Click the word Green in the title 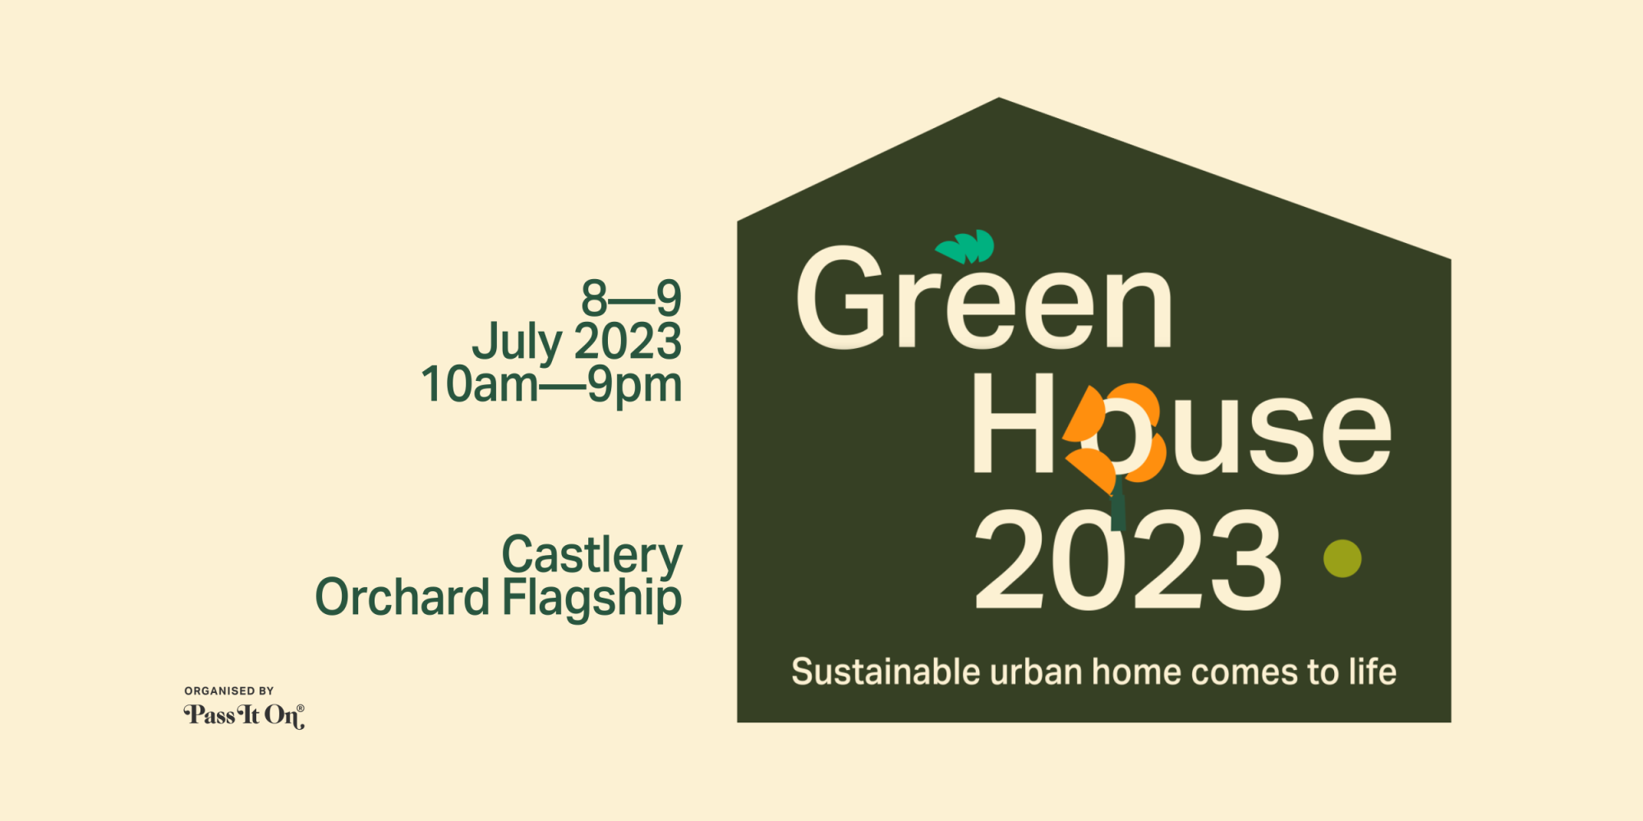tap(984, 297)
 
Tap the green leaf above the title tap(965, 246)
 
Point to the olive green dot tap(1342, 558)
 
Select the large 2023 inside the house tap(1127, 560)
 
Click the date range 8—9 tap(631, 298)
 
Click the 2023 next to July tap(628, 342)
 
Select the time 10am tap(480, 384)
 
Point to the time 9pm tap(634, 387)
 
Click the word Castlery tap(591, 557)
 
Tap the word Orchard tap(402, 597)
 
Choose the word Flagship tap(591, 599)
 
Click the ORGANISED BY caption tap(229, 691)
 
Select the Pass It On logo tap(244, 716)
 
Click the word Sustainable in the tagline tap(886, 672)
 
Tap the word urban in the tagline tap(1036, 672)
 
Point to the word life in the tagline tap(1372, 672)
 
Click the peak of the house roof tap(999, 99)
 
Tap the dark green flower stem tap(1117, 505)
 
